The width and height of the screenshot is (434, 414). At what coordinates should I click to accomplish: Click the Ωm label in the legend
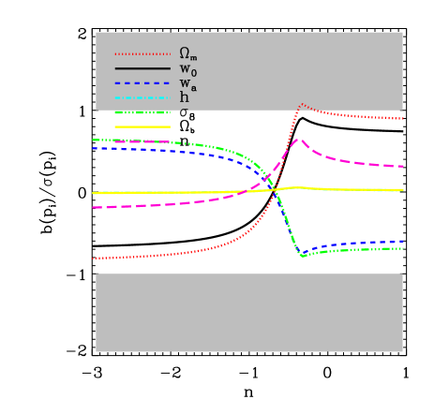pyautogui.click(x=187, y=53)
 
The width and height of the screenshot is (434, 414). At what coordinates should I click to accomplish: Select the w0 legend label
pyautogui.click(x=187, y=69)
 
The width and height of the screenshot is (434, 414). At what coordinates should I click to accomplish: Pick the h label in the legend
pyautogui.click(x=184, y=97)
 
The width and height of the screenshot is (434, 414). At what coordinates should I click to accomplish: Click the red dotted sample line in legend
pyautogui.click(x=142, y=54)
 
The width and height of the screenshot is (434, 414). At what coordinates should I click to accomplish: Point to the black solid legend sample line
pyautogui.click(x=142, y=68)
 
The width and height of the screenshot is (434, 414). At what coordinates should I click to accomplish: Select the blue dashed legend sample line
pyautogui.click(x=142, y=83)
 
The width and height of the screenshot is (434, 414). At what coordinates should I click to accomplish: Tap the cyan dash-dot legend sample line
pyautogui.click(x=142, y=97)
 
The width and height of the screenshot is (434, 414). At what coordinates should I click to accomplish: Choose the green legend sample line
pyautogui.click(x=142, y=112)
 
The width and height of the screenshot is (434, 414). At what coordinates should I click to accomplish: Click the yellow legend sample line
pyautogui.click(x=142, y=126)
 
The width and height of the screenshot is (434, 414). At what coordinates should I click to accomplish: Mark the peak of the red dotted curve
pyautogui.click(x=302, y=104)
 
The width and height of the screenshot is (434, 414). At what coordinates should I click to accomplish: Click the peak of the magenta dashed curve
pyautogui.click(x=298, y=139)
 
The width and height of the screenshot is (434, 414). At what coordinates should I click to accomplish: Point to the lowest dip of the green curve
pyautogui.click(x=303, y=255)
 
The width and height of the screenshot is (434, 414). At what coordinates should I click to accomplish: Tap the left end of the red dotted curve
pyautogui.click(x=93, y=259)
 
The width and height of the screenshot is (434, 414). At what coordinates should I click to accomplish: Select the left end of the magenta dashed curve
pyautogui.click(x=93, y=207)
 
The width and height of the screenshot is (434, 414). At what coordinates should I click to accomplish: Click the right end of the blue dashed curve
pyautogui.click(x=403, y=242)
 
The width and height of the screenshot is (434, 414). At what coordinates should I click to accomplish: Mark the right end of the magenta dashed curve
pyautogui.click(x=403, y=166)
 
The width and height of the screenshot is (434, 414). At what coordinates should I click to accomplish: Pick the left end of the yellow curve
pyautogui.click(x=93, y=193)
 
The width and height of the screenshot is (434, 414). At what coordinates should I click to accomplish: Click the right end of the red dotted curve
pyautogui.click(x=403, y=119)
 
